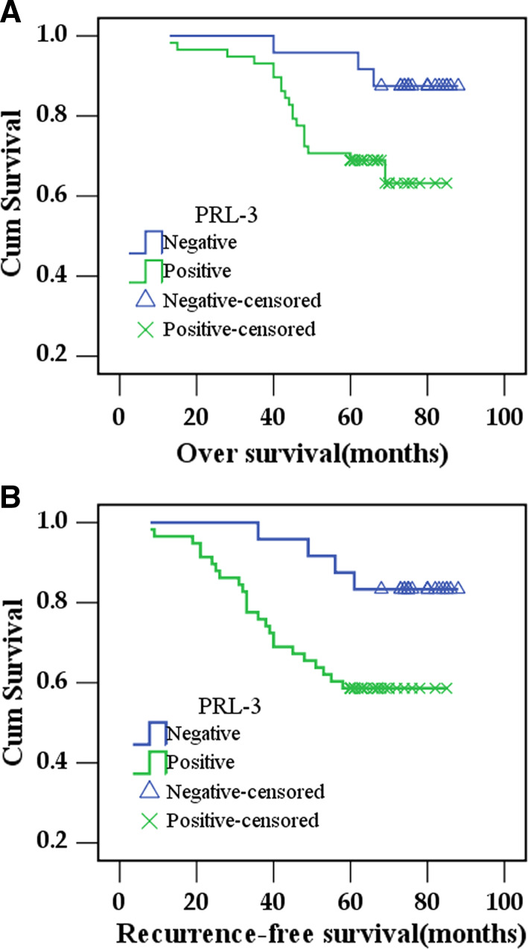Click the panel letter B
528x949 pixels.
click(x=10, y=498)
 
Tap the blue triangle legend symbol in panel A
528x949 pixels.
click(x=145, y=299)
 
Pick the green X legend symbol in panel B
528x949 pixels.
click(x=150, y=821)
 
